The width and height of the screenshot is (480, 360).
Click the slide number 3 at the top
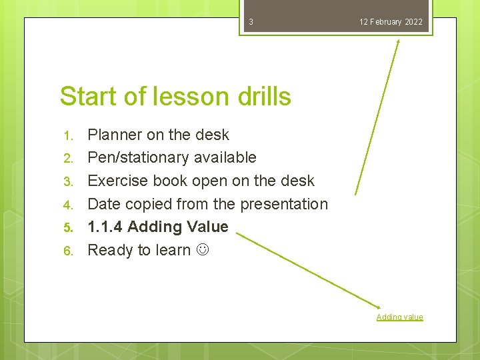[251, 22]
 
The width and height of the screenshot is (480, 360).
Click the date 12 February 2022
[391, 22]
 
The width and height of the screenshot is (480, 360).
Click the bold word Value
[207, 227]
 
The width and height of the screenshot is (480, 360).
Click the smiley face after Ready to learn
[201, 251]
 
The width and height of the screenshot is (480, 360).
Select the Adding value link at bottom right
[399, 317]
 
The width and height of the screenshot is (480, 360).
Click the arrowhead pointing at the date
[398, 42]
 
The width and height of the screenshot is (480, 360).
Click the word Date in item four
[103, 204]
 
